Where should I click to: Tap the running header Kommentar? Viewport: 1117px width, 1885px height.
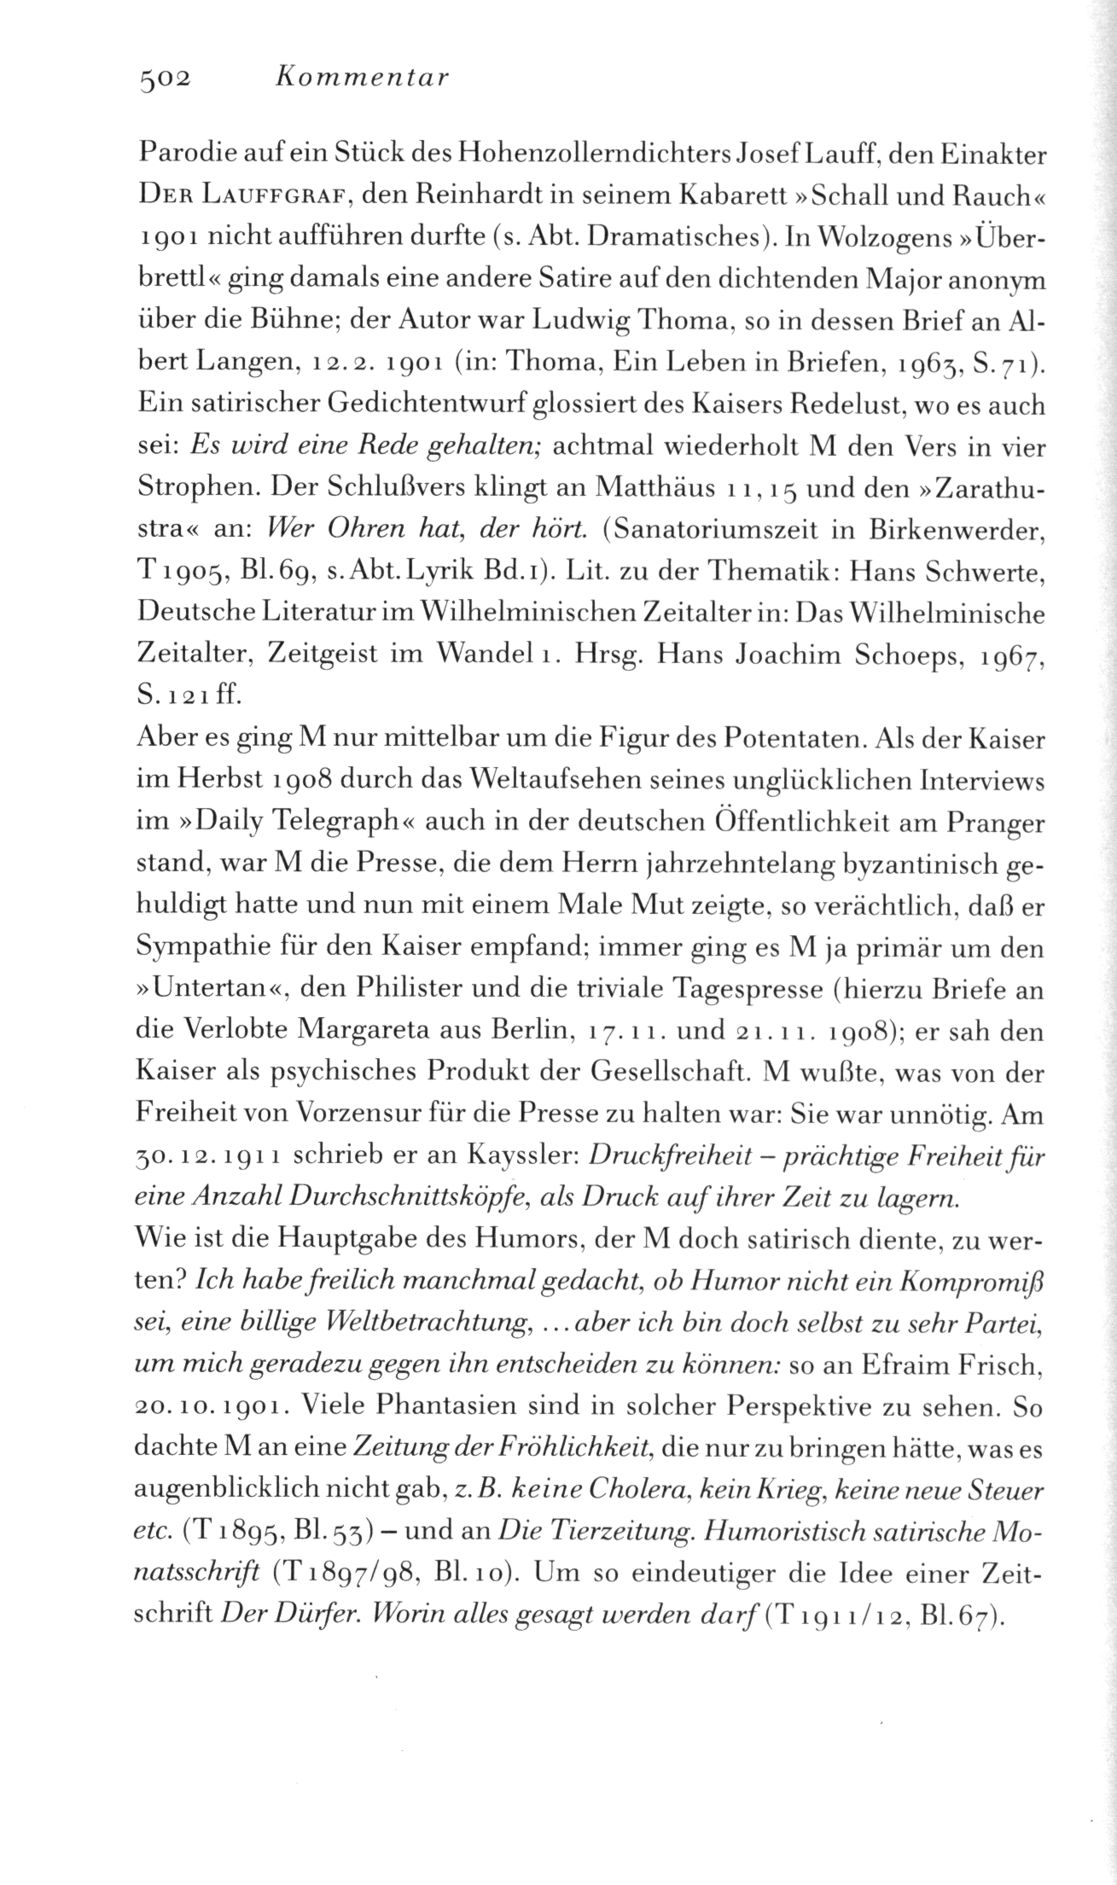tap(363, 79)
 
